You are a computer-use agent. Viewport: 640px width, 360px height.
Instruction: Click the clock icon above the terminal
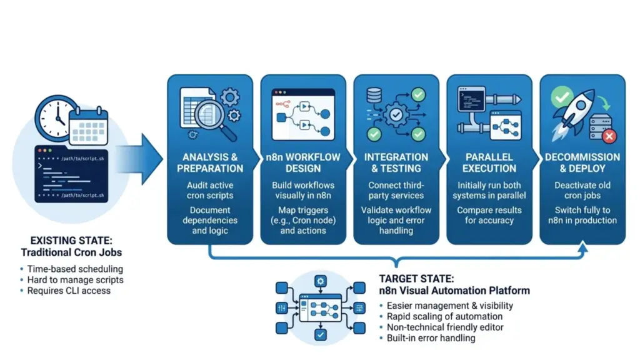[56, 117]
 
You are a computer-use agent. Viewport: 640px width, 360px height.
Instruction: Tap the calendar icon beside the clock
[89, 126]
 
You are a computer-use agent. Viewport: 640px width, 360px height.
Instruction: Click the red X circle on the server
[609, 136]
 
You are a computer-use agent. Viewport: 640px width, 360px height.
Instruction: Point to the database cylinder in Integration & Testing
[374, 96]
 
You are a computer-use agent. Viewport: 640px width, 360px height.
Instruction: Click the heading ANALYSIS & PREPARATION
[210, 163]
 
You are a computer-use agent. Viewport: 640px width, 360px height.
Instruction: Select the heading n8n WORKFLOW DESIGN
[303, 163]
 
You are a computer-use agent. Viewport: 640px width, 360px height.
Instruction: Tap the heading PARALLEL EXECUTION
[489, 163]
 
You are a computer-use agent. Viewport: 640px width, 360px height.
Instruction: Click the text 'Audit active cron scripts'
[210, 190]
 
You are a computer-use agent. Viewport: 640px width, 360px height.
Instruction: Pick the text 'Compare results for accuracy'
[489, 215]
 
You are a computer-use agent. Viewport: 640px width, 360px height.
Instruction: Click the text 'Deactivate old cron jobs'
[582, 190]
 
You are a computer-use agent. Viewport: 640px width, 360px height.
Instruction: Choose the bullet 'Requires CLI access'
[69, 291]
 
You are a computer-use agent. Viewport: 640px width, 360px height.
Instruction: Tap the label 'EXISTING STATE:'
[71, 241]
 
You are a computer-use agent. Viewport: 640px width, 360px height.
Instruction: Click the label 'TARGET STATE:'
[416, 279]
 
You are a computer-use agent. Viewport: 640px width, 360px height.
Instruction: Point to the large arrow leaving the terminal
[141, 159]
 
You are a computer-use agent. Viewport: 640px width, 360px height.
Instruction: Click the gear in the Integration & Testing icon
[396, 115]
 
